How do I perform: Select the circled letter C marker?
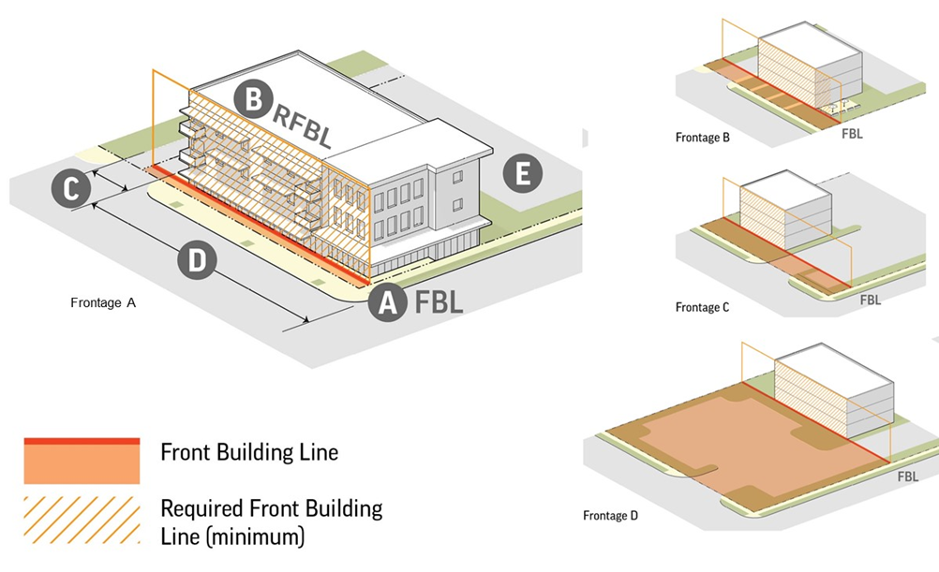click(71, 189)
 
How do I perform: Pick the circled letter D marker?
click(197, 259)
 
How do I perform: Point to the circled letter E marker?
click(522, 174)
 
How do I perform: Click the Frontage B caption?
click(702, 138)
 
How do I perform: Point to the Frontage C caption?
click(702, 307)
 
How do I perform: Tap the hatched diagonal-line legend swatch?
click(82, 520)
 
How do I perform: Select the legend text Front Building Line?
click(248, 453)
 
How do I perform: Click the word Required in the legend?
click(200, 509)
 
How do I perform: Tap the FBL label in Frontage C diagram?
click(870, 301)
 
